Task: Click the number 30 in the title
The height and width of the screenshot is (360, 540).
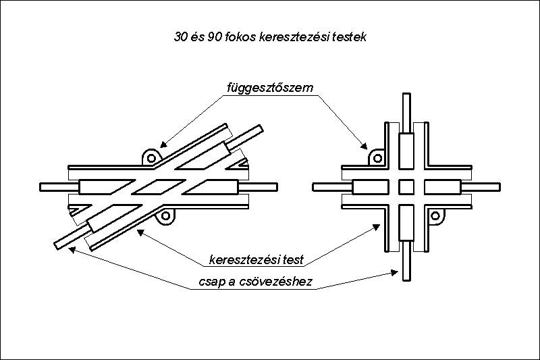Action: click(x=180, y=37)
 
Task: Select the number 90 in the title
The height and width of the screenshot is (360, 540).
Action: click(x=214, y=37)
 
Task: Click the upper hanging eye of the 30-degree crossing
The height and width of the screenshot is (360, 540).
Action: click(x=151, y=157)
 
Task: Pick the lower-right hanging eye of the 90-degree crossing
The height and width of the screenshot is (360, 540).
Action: click(x=435, y=216)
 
